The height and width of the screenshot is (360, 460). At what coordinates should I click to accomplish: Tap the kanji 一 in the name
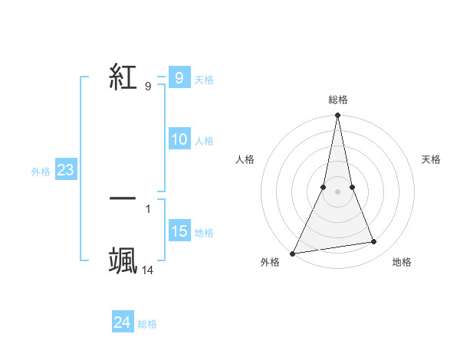(123, 198)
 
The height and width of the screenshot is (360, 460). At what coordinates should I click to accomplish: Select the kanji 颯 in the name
(123, 260)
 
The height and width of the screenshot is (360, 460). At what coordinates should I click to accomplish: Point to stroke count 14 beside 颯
(148, 270)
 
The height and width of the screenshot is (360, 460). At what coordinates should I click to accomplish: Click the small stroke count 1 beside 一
(148, 208)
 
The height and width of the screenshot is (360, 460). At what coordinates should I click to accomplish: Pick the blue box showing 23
(65, 171)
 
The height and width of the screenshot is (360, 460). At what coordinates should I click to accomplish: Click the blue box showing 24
(123, 322)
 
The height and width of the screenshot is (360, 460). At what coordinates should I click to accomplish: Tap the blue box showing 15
(179, 231)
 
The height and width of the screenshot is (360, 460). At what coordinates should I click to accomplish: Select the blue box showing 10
(179, 139)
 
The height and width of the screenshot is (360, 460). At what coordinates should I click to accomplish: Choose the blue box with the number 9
(179, 78)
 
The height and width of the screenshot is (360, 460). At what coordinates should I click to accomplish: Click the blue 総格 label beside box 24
(147, 324)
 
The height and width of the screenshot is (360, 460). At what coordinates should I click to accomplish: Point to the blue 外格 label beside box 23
(41, 172)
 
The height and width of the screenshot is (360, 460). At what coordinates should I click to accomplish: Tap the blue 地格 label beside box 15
(204, 233)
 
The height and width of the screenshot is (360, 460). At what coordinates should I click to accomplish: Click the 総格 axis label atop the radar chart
(338, 100)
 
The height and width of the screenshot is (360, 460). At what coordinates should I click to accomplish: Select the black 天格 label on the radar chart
(432, 159)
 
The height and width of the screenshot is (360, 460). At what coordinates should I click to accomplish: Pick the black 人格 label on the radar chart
(245, 159)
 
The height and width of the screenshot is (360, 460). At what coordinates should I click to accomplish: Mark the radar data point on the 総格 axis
(338, 116)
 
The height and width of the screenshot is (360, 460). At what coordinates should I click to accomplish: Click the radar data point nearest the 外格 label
(292, 253)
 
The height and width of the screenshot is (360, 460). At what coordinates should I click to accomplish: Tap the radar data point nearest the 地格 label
(374, 242)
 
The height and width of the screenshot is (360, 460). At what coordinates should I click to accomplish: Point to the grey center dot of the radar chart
(338, 191)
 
